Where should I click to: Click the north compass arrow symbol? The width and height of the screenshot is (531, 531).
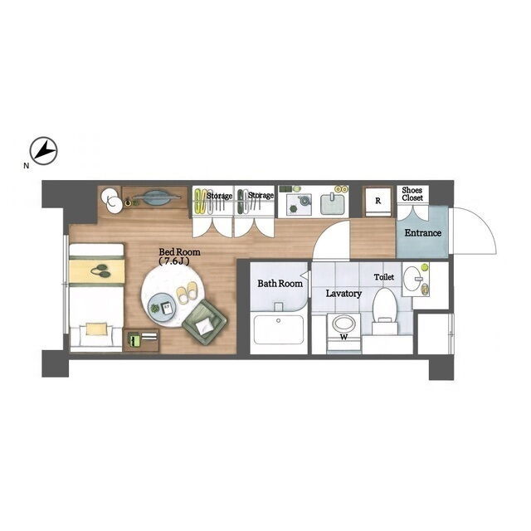click(44, 151)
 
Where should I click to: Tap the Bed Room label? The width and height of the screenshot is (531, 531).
click(179, 252)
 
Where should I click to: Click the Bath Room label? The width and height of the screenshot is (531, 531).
click(280, 284)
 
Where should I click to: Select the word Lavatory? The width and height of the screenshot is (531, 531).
click(343, 294)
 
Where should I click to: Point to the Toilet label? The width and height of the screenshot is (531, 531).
click(384, 277)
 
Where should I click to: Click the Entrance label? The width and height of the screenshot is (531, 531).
click(423, 233)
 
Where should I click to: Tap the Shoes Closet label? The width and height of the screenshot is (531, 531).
click(412, 194)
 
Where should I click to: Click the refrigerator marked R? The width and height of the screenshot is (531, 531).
click(378, 202)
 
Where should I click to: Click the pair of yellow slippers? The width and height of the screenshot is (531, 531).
click(188, 292)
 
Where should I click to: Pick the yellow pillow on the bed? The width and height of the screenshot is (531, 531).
click(99, 329)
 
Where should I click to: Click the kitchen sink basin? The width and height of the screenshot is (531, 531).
click(332, 204)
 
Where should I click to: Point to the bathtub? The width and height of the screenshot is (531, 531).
click(279, 329)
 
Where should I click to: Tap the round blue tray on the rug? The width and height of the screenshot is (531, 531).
click(161, 308)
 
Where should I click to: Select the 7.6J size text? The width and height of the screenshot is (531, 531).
click(173, 261)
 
